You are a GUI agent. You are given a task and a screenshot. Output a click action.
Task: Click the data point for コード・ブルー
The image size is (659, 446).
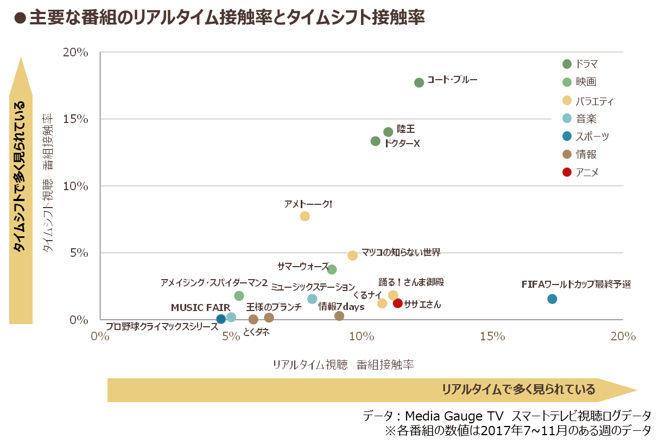419,82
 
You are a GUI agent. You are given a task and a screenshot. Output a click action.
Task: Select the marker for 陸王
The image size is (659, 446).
388,132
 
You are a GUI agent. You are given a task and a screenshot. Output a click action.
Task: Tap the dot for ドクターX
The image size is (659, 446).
375,141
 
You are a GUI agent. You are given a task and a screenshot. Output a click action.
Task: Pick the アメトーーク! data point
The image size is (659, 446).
305,216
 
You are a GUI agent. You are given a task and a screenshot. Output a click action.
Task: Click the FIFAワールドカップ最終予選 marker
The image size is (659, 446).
552,299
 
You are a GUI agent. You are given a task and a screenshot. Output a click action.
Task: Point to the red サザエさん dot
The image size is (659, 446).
398,303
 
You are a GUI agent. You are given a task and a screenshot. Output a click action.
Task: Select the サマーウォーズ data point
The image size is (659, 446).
332,269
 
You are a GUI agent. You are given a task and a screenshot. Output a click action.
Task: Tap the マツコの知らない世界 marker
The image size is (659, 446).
353,255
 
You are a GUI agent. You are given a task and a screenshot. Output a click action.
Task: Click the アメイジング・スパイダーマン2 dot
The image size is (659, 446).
239,295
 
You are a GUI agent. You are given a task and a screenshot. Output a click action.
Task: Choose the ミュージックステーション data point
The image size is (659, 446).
312,299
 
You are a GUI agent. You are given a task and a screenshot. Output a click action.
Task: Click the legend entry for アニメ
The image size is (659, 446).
587,172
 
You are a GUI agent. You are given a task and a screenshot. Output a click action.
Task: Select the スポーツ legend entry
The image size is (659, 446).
592,137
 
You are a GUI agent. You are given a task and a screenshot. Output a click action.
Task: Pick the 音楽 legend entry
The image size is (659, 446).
586,118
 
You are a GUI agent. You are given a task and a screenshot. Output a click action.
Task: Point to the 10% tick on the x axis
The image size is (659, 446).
362,337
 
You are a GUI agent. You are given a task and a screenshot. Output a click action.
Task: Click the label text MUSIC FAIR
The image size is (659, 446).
200,308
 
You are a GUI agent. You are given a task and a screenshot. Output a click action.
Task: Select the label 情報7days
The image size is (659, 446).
341,306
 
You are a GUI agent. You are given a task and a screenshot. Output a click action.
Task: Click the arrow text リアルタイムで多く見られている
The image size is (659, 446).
518,390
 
